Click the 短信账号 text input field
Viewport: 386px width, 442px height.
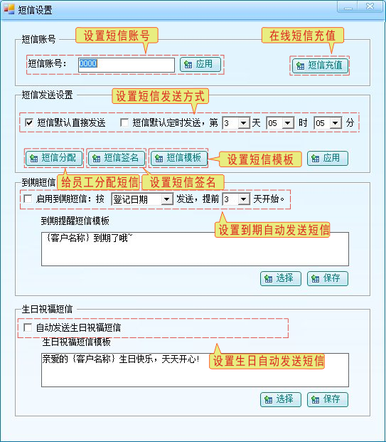(127, 65)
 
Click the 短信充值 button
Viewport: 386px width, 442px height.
(320, 65)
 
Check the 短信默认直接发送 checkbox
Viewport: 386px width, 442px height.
(29, 122)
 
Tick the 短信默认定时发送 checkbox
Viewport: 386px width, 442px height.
(124, 122)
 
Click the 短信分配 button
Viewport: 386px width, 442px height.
(54, 158)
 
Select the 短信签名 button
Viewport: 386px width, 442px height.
(117, 158)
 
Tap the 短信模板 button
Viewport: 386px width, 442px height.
(178, 158)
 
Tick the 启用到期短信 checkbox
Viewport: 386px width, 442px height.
(28, 199)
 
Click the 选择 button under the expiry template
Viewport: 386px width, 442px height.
(281, 278)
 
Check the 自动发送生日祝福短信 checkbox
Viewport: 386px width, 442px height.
(28, 327)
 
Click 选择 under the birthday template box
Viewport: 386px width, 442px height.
(281, 399)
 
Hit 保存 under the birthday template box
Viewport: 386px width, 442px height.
(328, 399)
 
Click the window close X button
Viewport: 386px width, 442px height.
(370, 6)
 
